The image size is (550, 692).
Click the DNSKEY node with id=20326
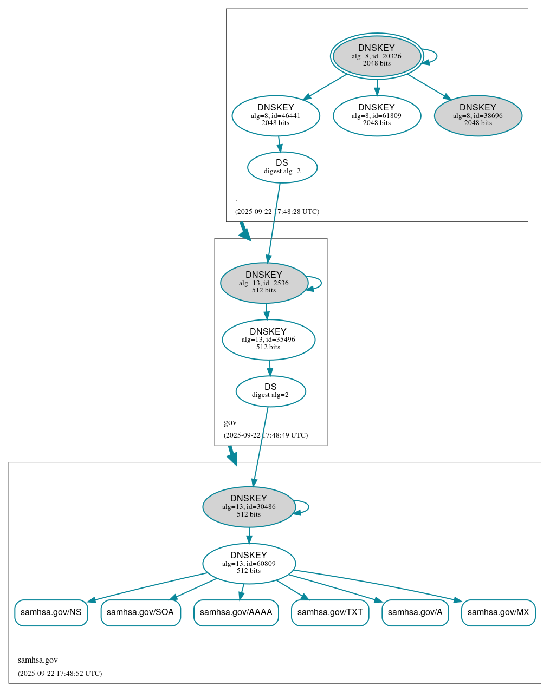pos(377,56)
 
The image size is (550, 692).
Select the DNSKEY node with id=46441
pos(276,115)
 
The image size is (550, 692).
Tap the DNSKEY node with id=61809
pos(377,115)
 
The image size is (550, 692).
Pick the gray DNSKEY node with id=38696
pos(478,115)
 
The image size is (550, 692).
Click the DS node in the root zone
pos(282,167)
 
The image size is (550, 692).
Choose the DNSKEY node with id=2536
pos(264,283)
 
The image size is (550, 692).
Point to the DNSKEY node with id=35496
pos(268,340)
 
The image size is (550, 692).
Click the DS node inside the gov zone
pos(270,391)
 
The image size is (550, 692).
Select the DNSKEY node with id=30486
pos(249,507)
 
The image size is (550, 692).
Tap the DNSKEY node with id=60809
pos(249,564)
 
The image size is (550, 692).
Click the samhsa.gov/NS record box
pos(51,612)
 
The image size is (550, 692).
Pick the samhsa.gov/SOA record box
pos(140,612)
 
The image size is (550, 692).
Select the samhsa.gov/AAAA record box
pos(236,612)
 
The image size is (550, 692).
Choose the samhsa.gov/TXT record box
pos(330,612)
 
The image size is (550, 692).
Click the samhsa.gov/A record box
pos(415,612)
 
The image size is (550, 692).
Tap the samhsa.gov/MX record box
pos(498,612)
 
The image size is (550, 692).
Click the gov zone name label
pos(230,422)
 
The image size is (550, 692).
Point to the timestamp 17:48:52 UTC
pos(60,674)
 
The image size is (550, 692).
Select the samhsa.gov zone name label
pos(38,660)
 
